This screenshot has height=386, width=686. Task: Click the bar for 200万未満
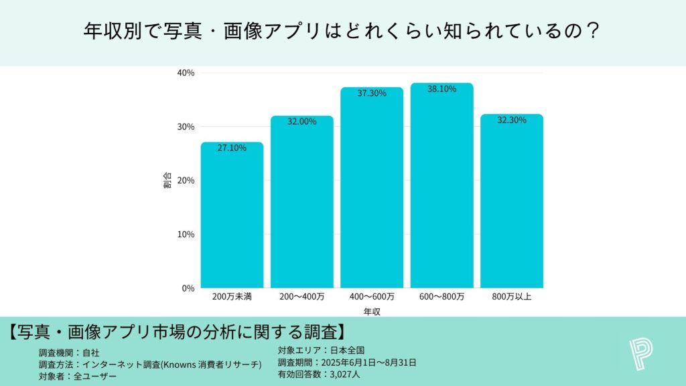[x=232, y=218]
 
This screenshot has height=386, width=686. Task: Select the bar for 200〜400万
[x=302, y=204]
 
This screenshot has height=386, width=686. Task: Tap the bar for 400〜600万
[x=372, y=191]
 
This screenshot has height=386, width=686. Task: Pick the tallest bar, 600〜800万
[x=441, y=188]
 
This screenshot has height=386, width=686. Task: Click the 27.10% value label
[x=232, y=147]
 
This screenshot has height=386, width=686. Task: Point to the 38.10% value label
[x=441, y=88]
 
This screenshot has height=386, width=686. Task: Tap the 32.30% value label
[x=512, y=120]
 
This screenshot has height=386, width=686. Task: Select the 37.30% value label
[x=372, y=93]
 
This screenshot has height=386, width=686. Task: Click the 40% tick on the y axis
[x=186, y=72]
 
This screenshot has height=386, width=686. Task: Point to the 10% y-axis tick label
[x=186, y=235]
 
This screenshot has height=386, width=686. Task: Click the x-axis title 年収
[x=372, y=312]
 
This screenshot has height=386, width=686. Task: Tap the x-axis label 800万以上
[x=512, y=296]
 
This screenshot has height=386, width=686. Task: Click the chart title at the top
[x=342, y=30]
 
